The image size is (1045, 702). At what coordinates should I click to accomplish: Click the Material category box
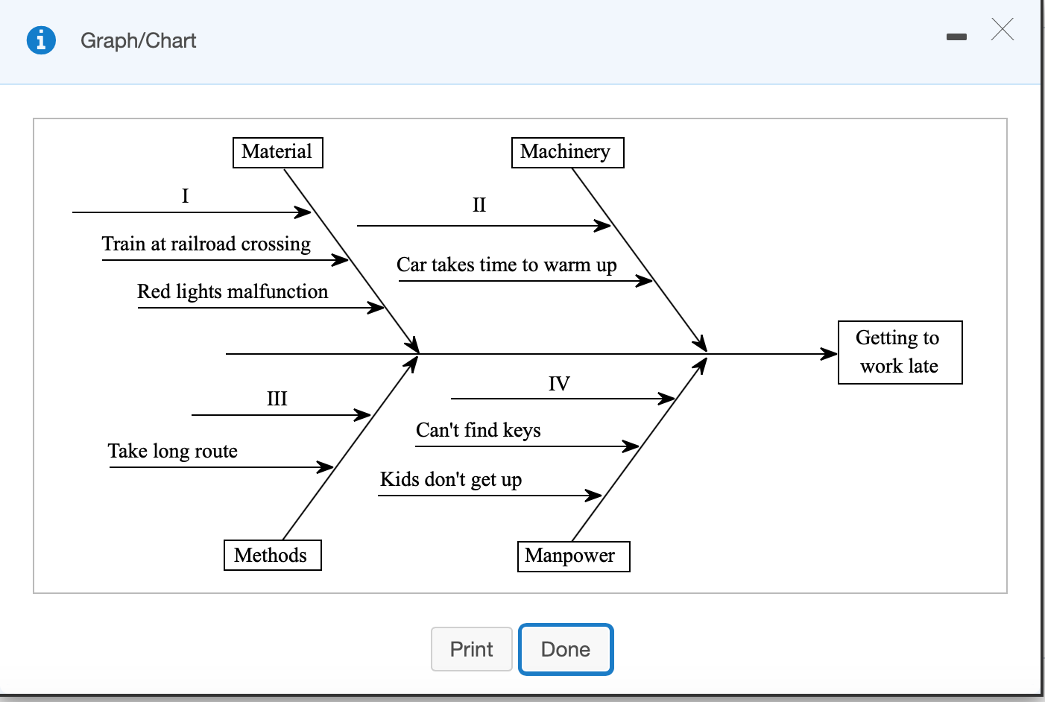277,152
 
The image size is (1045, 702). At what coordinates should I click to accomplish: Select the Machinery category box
567,152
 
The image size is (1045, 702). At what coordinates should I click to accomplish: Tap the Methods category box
272,555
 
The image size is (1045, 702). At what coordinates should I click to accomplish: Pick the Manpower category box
573,556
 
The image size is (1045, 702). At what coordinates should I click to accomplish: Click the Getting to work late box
900,352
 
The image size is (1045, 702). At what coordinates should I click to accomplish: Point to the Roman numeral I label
186,196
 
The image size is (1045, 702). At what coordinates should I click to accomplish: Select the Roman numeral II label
479,205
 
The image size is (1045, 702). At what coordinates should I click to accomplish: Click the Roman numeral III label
277,399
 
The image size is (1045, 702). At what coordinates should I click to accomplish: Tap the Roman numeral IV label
559,384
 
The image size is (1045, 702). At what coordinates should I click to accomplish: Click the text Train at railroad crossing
206,244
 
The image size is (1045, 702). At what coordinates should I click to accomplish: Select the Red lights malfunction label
233,291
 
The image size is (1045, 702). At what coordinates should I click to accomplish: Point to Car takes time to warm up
507,265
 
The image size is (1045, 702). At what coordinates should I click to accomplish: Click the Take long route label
173,452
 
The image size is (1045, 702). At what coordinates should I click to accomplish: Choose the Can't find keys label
479,431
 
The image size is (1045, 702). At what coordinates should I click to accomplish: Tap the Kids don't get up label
451,479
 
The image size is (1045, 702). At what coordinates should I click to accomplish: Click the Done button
566,649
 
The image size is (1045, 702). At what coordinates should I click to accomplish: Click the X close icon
1003,30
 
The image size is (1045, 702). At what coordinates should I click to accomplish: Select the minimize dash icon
956,37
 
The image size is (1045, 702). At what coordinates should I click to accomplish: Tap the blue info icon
41,40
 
